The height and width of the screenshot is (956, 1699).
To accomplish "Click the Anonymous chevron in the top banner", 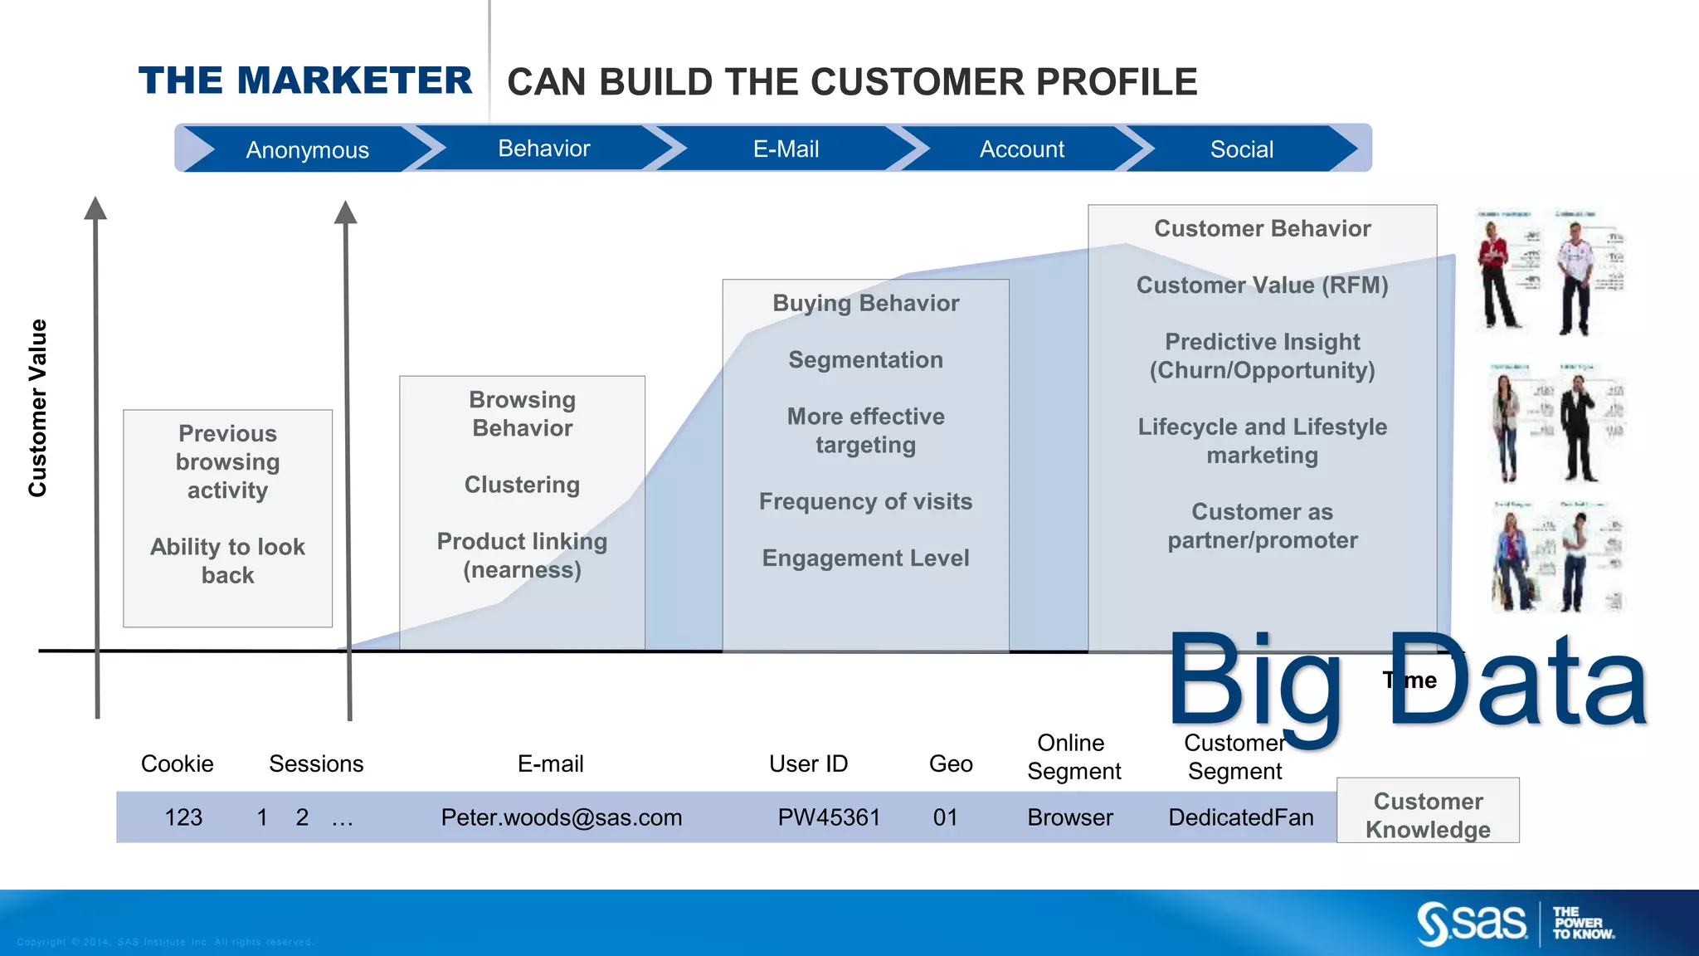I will click(x=307, y=150).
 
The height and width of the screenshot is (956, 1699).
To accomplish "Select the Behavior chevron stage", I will click(x=543, y=149).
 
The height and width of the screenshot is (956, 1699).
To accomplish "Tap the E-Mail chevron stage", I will click(x=786, y=149).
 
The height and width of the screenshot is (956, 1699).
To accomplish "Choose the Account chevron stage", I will click(x=1021, y=149).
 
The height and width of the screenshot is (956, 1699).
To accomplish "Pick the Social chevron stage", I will click(x=1241, y=149).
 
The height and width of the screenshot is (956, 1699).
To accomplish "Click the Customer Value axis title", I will click(x=37, y=407).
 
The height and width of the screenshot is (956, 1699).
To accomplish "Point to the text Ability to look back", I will click(x=227, y=560).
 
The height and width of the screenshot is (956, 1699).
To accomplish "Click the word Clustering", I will click(x=522, y=485).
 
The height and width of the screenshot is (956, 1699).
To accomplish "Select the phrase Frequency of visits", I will click(x=865, y=501).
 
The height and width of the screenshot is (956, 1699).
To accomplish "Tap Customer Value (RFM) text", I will click(x=1262, y=285).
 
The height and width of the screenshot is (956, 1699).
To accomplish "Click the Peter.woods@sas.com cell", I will click(x=561, y=817).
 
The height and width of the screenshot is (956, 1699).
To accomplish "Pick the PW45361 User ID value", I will click(x=828, y=817).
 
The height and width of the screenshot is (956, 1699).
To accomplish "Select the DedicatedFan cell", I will click(x=1240, y=817).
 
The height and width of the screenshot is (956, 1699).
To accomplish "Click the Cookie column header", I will click(x=177, y=763).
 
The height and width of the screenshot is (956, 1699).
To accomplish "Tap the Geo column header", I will click(x=950, y=763).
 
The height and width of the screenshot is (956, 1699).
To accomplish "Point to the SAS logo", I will click(x=1472, y=923).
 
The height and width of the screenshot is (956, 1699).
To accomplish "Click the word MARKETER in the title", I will click(x=354, y=81).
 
